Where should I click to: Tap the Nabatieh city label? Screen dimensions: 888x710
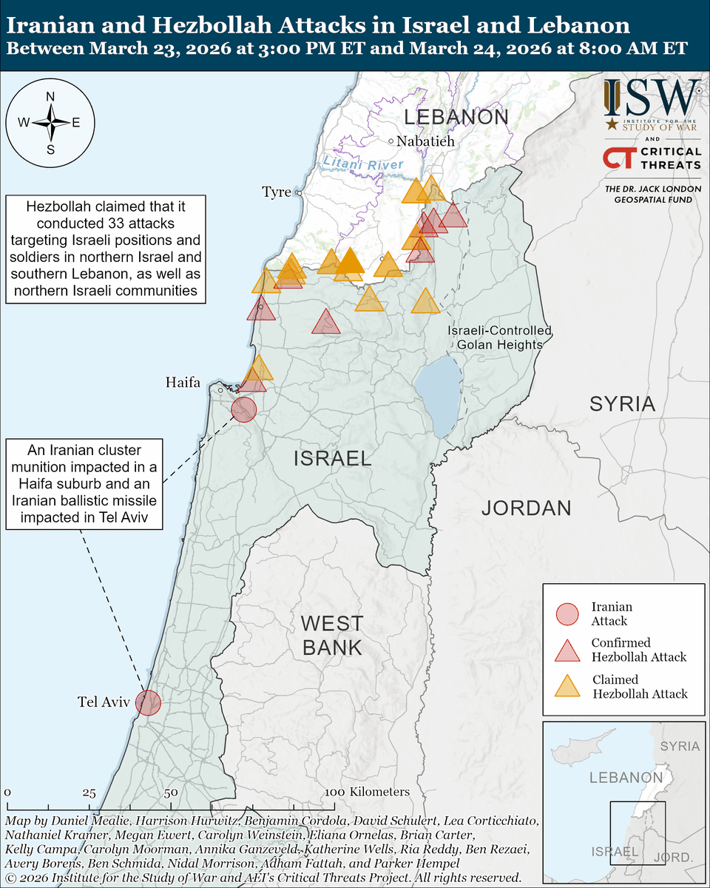click(x=425, y=141)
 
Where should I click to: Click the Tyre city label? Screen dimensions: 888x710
click(x=277, y=192)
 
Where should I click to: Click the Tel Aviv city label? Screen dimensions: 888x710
click(x=103, y=702)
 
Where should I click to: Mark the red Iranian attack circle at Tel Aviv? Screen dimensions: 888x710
click(x=149, y=702)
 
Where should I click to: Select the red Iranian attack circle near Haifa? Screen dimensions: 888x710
click(x=243, y=408)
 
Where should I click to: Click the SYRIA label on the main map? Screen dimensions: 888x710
click(x=622, y=404)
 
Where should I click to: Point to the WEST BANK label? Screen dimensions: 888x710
click(x=332, y=636)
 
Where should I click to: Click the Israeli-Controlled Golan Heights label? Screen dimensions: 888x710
click(x=499, y=337)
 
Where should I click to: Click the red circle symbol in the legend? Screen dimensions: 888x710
click(x=567, y=614)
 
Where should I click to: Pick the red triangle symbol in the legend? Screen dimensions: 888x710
click(x=567, y=650)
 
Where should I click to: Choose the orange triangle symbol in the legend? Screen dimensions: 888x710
click(x=567, y=686)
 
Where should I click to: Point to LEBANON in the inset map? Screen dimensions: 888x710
click(x=626, y=778)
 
